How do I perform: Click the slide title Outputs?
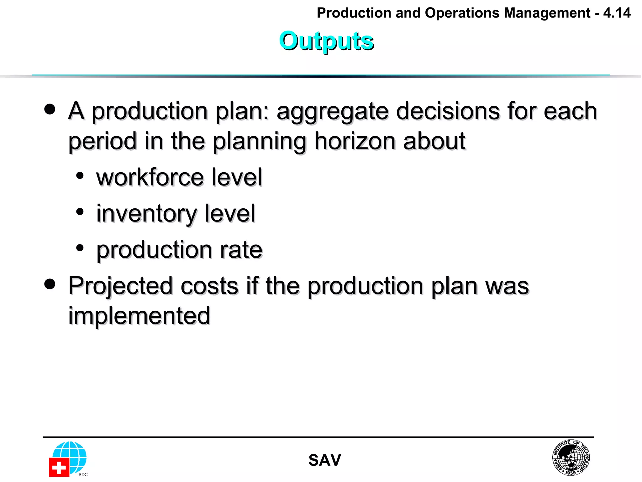tap(326, 41)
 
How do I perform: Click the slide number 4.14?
tap(617, 13)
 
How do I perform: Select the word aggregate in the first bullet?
tap(332, 112)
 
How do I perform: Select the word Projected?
tap(120, 287)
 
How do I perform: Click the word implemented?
tap(139, 316)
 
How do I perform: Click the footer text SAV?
tap(324, 460)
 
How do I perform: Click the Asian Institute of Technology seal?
tap(571, 458)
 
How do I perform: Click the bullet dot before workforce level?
tap(80, 176)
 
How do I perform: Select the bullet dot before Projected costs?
tap(50, 284)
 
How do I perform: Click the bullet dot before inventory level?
tap(80, 212)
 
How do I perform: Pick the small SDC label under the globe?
tap(83, 474)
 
